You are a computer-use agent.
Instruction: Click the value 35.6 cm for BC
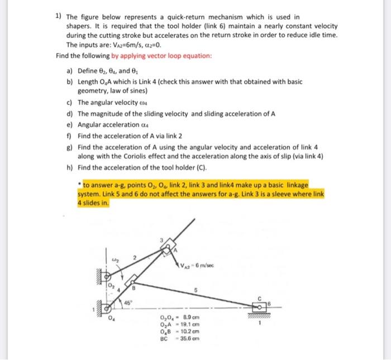(x=190, y=338)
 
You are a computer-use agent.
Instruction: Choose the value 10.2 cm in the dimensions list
(x=190, y=332)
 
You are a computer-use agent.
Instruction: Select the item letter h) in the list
(x=69, y=167)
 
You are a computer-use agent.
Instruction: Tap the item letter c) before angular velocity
(x=69, y=102)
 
